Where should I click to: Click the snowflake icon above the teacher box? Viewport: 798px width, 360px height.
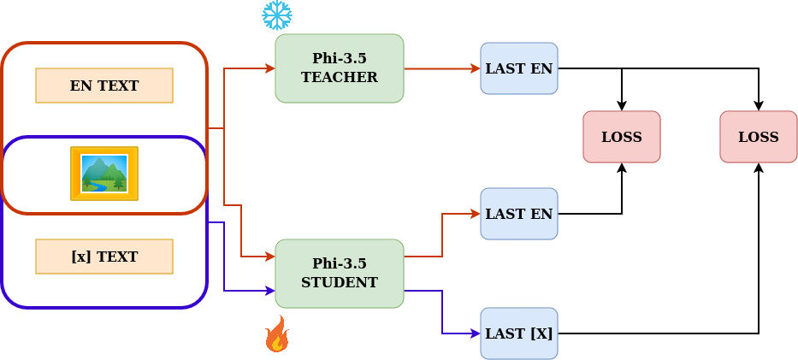coord(276,15)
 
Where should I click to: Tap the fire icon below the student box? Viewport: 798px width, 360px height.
coord(276,334)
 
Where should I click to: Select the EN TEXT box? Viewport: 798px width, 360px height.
coord(104,86)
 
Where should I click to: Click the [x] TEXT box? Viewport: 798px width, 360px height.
coord(104,257)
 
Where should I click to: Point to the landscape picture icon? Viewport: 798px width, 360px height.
coord(104,174)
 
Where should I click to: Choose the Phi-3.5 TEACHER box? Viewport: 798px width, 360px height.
coord(339,68)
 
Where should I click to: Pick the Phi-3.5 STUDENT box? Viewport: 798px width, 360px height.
coord(339,274)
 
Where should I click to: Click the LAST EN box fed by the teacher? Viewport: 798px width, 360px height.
coord(519,68)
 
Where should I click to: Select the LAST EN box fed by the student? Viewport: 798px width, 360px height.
coord(519,214)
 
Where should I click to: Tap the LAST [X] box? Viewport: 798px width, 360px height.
coord(519,333)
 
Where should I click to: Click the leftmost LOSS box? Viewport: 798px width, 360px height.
coord(622,137)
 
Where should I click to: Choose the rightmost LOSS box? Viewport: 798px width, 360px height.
coord(759,137)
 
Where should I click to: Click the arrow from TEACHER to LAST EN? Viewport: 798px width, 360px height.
coord(440,68)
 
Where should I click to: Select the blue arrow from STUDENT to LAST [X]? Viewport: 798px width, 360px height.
coord(442,313)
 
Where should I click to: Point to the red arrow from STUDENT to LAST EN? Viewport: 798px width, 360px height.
coord(442,234)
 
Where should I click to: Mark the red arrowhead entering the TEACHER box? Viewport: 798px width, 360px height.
coord(269,68)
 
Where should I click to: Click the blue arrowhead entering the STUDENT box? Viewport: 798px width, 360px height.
coord(269,291)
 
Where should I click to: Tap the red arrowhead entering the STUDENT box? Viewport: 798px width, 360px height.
coord(269,257)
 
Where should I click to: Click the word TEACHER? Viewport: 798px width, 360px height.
coord(339,78)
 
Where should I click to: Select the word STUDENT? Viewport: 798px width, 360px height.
coord(339,283)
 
